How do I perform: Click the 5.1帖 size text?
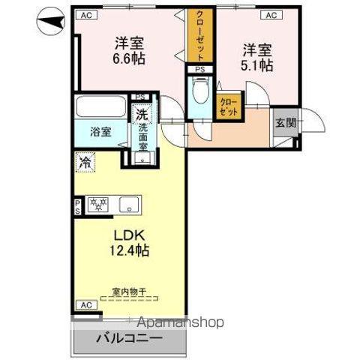coord(256,65)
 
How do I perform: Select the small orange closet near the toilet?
coord(228,106)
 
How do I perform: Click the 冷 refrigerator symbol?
coord(85,161)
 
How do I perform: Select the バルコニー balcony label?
coord(127,338)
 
